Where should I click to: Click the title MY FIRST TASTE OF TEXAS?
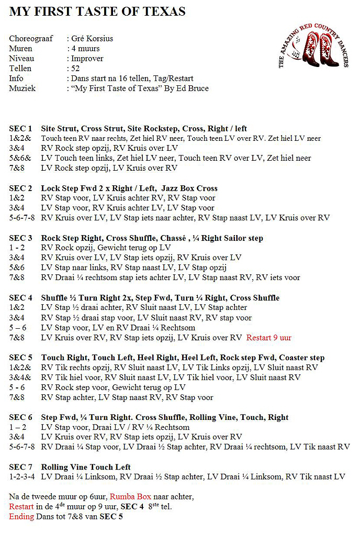click(97, 11)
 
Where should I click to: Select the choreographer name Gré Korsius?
click(92, 39)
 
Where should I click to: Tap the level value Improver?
click(87, 59)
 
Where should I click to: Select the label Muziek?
click(22, 88)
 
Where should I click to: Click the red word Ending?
click(21, 517)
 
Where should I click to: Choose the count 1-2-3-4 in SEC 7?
click(22, 477)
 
